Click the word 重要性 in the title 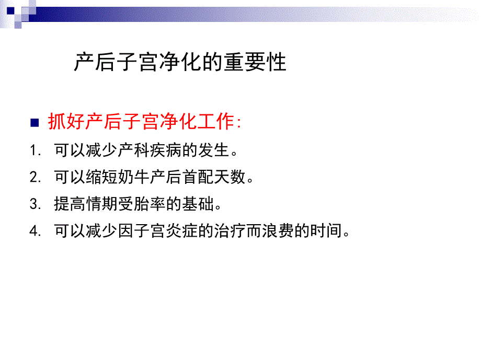(x=256, y=63)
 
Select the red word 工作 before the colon (x=215, y=123)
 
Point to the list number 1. (x=35, y=151)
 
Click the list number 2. (x=35, y=178)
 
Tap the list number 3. (x=35, y=204)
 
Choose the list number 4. (x=35, y=231)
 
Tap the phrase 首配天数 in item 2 (x=213, y=178)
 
